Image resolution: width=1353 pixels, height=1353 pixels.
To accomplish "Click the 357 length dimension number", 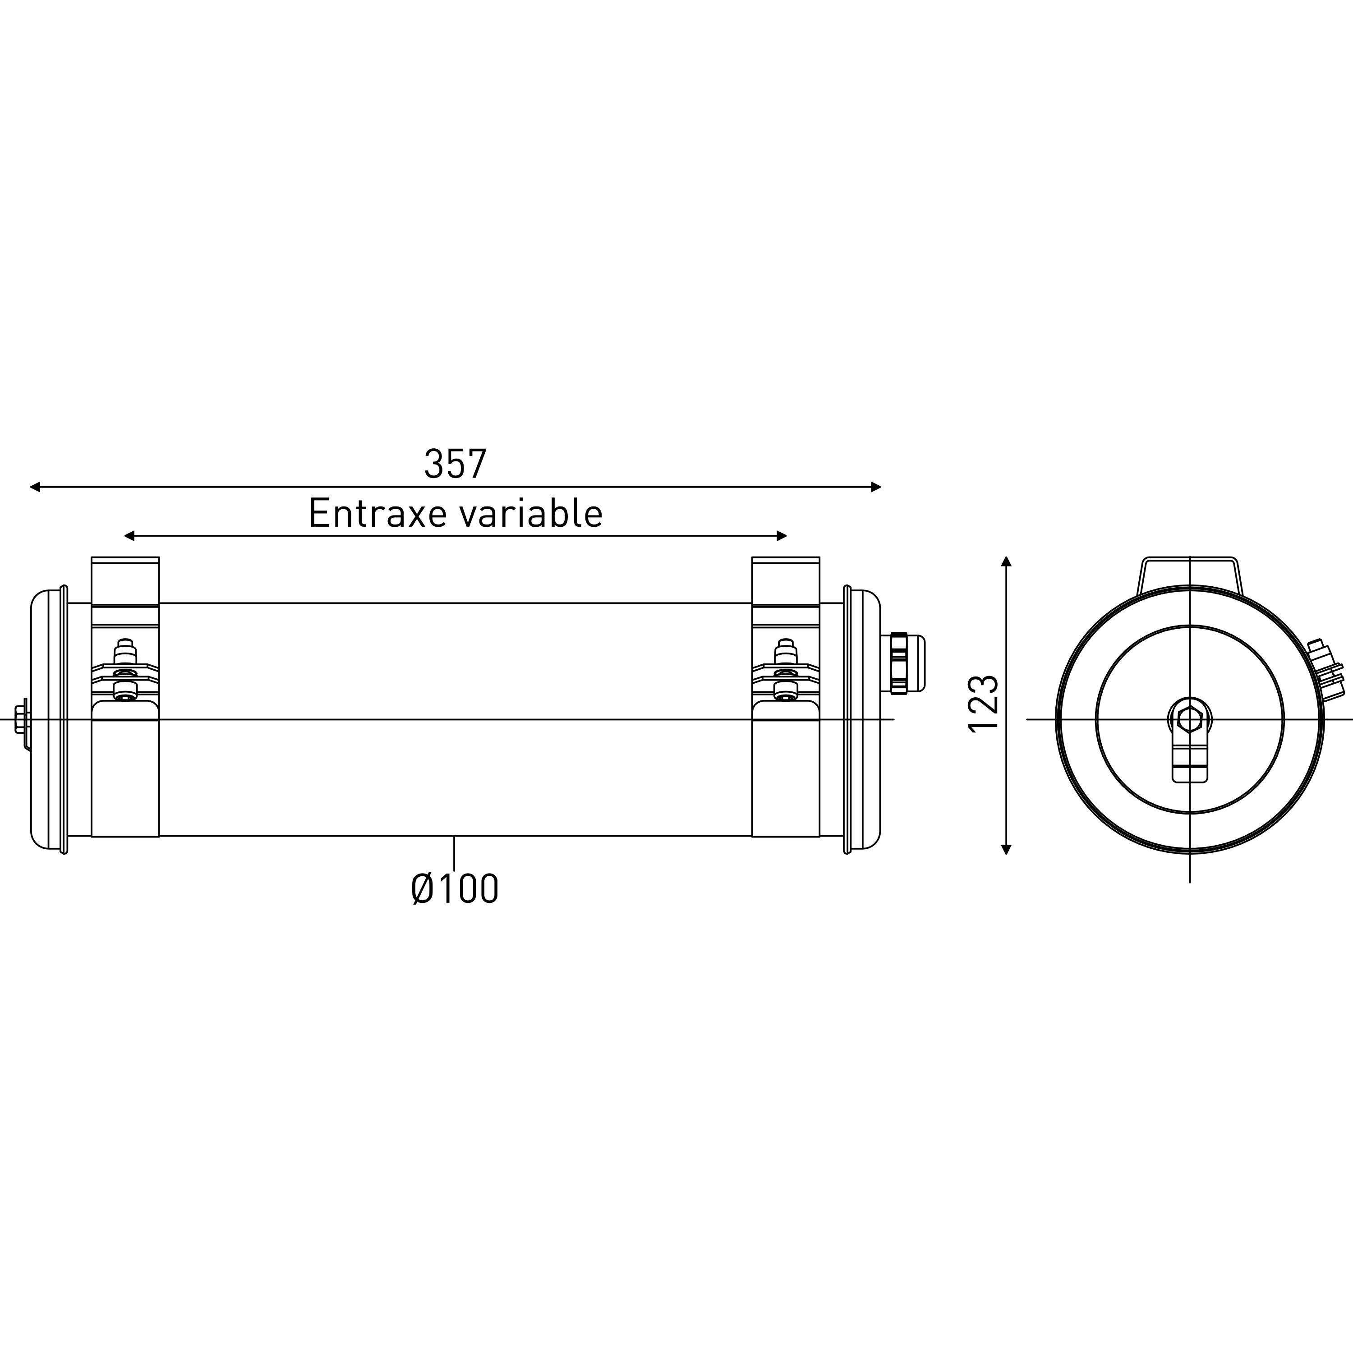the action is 455,464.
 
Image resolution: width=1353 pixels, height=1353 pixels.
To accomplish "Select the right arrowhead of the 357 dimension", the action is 875,487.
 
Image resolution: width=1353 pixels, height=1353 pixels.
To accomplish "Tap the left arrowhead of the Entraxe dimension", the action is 129,536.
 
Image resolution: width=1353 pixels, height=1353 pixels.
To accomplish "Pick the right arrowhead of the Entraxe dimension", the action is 782,536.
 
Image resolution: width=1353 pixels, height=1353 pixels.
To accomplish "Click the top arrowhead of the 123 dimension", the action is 1006,561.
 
